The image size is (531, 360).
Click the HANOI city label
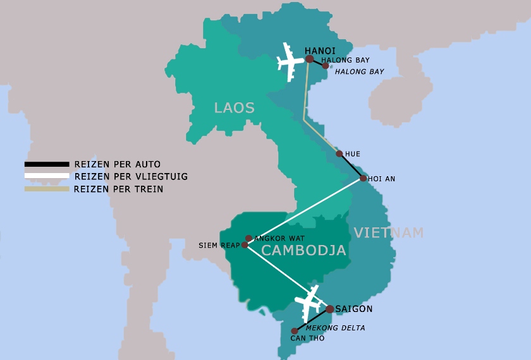tap(320, 51)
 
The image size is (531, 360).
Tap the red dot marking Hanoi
tap(309, 59)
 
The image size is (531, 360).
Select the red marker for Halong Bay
tap(326, 66)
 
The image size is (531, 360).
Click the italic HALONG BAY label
tap(359, 72)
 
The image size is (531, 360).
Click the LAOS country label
tap(234, 108)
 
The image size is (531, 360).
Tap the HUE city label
tap(352, 154)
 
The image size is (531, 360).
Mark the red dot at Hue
tap(339, 153)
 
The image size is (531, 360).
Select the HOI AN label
tap(381, 179)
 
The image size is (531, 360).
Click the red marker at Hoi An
tap(363, 179)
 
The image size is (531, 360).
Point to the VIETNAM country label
tap(388, 232)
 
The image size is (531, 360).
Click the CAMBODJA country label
tap(303, 251)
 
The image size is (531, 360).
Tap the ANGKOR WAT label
tap(279, 238)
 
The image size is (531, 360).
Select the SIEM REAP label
tap(219, 245)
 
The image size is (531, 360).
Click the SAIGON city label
tap(354, 309)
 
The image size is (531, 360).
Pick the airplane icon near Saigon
tap(310, 303)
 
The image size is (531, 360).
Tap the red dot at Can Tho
tap(294, 331)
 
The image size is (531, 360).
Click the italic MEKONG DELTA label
tap(335, 328)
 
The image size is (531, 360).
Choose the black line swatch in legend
tap(46, 164)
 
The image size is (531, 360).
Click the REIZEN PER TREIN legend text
tap(118, 189)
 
